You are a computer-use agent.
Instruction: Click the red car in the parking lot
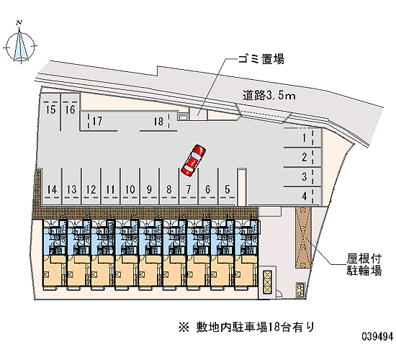tap(193, 160)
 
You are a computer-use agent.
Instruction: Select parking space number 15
tap(50, 112)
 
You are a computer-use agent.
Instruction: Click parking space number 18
tap(158, 122)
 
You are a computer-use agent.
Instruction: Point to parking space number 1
tap(302, 138)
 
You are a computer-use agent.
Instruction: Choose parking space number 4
tap(302, 196)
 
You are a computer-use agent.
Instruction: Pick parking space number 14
tap(52, 187)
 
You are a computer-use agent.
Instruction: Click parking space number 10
tap(130, 187)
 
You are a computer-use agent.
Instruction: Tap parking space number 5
tap(228, 187)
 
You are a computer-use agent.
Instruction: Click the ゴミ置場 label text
tap(261, 59)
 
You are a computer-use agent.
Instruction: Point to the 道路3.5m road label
tap(269, 96)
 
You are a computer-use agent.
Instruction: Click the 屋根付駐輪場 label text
tap(364, 264)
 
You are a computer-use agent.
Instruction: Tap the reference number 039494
tap(378, 336)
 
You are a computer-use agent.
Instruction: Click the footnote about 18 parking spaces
tap(247, 328)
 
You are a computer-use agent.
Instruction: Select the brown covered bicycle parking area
tap(303, 238)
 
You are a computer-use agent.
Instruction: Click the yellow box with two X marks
tap(267, 282)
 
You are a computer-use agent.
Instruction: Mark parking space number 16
tap(71, 112)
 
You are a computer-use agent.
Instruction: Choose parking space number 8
tap(168, 187)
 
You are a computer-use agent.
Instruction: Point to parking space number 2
tap(302, 157)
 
